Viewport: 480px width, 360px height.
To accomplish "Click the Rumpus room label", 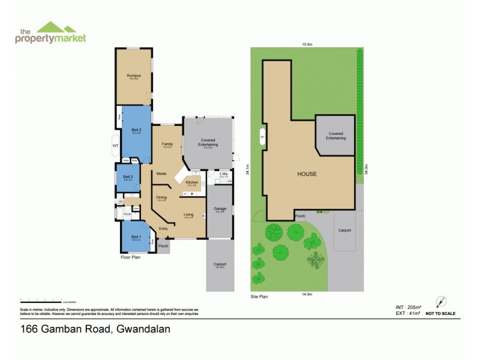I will tap(133, 75).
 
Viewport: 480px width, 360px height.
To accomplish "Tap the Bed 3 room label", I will tap(127, 176).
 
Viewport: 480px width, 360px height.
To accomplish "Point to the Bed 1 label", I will tap(136, 236).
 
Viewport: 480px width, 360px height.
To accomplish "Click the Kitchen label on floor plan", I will tap(192, 182).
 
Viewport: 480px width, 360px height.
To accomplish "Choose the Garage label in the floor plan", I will tap(220, 209).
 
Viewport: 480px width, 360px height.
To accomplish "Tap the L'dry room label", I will tap(223, 173).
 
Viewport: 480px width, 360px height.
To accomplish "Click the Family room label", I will tap(167, 144).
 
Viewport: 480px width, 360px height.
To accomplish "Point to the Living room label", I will tap(188, 214).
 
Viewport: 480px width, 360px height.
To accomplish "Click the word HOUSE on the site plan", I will tap(307, 173).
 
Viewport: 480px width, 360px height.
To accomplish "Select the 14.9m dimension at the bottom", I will tap(306, 295).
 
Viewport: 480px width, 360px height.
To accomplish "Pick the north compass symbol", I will tap(442, 302).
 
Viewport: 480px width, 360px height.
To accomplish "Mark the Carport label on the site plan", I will tap(344, 230).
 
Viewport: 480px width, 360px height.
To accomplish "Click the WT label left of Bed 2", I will tap(115, 145).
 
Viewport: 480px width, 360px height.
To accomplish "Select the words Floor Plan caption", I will tap(130, 257).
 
